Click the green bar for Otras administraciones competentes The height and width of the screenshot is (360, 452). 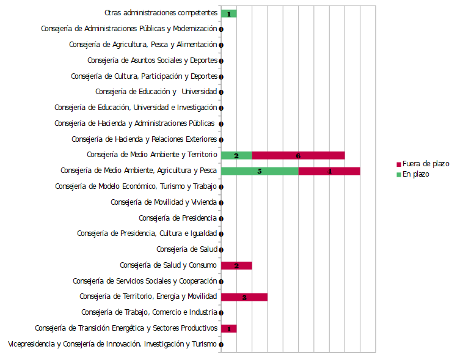point(228,13)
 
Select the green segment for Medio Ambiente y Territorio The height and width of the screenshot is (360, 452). point(236,155)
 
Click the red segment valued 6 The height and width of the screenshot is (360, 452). point(298,155)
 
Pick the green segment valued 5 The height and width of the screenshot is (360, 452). point(260,171)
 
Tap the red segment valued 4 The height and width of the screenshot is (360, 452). point(329,171)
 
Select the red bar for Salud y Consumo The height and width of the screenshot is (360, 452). point(236,265)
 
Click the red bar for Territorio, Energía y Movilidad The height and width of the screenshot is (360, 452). point(244,297)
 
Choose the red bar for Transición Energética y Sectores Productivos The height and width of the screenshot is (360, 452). point(228,328)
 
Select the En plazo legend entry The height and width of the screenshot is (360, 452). point(416,174)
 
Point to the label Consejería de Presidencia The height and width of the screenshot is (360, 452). point(178,218)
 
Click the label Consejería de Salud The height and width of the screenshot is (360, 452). point(187,249)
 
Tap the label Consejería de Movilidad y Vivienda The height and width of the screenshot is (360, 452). point(164,202)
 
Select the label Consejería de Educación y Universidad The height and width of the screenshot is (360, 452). point(156,92)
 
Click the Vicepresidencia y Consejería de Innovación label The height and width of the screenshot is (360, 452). point(112,344)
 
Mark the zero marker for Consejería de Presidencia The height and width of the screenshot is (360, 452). point(221,218)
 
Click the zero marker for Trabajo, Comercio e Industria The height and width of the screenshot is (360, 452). point(221,313)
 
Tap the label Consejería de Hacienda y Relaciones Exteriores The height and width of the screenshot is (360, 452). point(144,139)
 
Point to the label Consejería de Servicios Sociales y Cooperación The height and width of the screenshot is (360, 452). point(145,281)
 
